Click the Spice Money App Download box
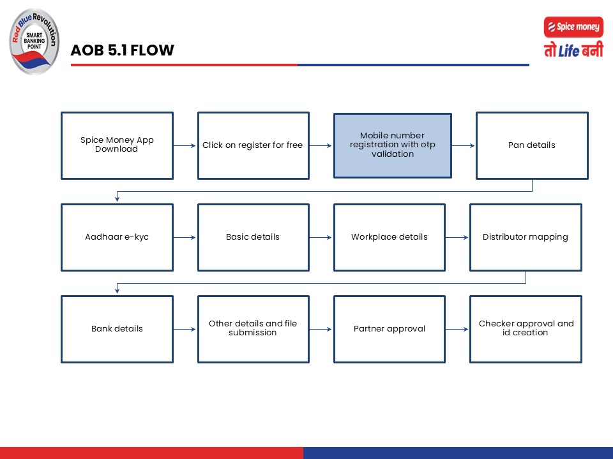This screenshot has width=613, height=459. (x=117, y=145)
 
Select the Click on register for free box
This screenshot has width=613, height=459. (x=254, y=145)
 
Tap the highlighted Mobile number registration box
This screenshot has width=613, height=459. (x=393, y=145)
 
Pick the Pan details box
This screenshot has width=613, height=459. (x=532, y=145)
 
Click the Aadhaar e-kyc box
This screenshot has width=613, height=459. (x=117, y=237)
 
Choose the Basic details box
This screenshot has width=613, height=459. (x=254, y=237)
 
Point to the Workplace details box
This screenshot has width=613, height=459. (x=390, y=237)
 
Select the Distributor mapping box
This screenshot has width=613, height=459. (x=526, y=237)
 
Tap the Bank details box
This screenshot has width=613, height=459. (x=117, y=329)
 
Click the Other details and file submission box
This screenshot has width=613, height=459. (x=254, y=329)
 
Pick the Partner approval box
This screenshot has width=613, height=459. (x=390, y=329)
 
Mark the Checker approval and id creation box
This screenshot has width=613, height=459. (x=526, y=329)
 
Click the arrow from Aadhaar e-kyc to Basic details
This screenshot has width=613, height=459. (x=185, y=237)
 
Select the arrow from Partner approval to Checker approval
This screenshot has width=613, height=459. (x=457, y=329)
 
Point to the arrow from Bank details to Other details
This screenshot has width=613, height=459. (x=185, y=329)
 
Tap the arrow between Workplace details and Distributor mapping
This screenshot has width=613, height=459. (x=457, y=237)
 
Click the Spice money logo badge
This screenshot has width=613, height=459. (x=573, y=27)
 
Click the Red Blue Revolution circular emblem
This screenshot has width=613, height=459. (x=34, y=41)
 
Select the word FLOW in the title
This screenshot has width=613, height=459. (x=152, y=50)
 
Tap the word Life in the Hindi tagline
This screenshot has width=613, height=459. (x=569, y=51)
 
